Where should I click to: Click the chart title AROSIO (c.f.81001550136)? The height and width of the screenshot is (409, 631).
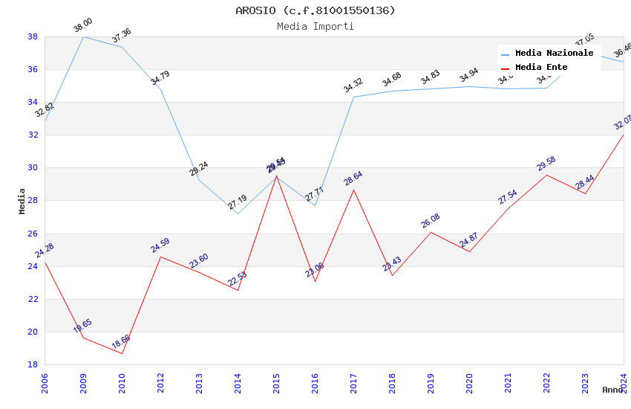point(315,10)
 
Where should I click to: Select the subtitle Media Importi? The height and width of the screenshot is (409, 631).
point(315,26)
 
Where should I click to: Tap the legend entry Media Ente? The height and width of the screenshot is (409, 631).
point(541,67)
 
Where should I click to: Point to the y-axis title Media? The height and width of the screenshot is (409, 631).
point(22,201)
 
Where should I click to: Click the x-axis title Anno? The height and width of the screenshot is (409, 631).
point(612,390)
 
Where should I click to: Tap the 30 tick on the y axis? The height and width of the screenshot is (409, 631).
point(33,168)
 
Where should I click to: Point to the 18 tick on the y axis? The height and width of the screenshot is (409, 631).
point(33,364)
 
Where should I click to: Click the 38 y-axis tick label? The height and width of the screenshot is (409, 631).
point(33,36)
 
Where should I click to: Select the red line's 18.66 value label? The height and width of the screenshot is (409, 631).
point(121,342)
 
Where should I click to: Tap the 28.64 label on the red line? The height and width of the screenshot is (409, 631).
point(353,178)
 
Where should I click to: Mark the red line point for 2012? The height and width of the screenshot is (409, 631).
point(160,257)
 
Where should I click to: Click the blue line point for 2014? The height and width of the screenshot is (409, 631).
point(238,213)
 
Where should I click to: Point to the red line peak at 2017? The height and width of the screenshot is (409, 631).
point(353,190)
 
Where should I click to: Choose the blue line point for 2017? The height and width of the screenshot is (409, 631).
point(353,97)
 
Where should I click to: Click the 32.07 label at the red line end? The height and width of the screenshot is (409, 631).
point(622,122)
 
